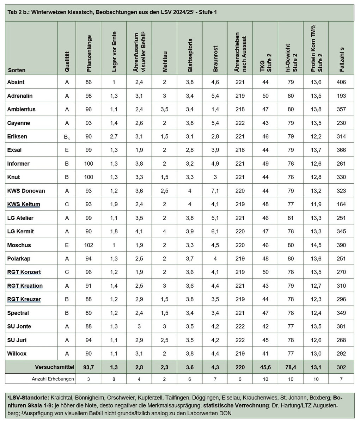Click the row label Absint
(16, 82)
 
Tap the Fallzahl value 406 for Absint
(341, 82)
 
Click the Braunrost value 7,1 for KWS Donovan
(215, 191)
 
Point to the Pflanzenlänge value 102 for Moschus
(88, 245)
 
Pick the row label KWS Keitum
(23, 204)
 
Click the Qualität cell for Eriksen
(67, 137)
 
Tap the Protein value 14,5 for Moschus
(316, 245)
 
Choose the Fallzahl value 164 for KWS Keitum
(341, 204)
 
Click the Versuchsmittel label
(55, 367)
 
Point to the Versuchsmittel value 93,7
(88, 367)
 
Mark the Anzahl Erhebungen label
(53, 379)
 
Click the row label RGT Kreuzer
(24, 299)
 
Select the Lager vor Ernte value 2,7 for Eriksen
(114, 136)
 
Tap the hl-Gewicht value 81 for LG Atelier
(291, 218)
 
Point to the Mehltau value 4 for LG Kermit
(165, 232)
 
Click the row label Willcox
(17, 354)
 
